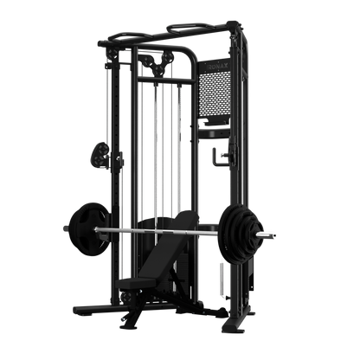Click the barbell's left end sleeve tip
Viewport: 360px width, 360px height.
[63, 228]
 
